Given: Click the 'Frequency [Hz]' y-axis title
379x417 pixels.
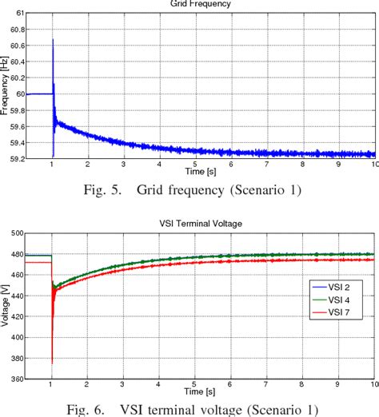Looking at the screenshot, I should click(x=6, y=86).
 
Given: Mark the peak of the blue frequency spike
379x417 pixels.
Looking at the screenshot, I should click(x=53, y=39).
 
